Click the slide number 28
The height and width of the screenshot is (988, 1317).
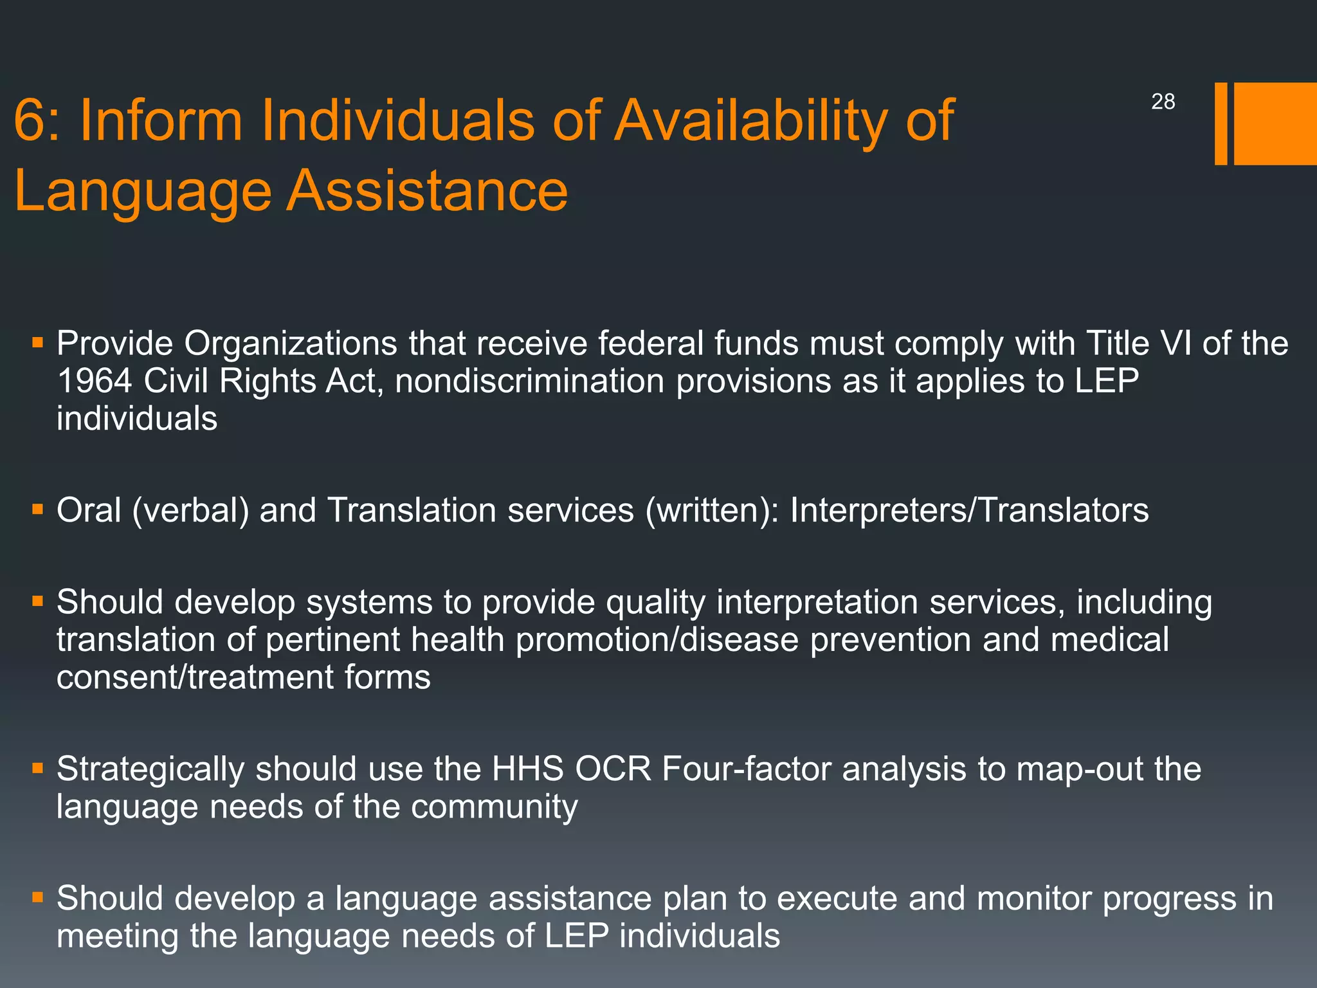click(x=1163, y=102)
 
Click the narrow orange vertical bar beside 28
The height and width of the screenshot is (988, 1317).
click(x=1221, y=123)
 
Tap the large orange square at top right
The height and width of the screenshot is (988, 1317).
click(x=1275, y=123)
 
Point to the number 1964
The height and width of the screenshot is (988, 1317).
click(x=94, y=381)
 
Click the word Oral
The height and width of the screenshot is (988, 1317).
click(x=89, y=510)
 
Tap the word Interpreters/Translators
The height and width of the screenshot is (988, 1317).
click(x=969, y=510)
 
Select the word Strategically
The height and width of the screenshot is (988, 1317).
click(x=150, y=769)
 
